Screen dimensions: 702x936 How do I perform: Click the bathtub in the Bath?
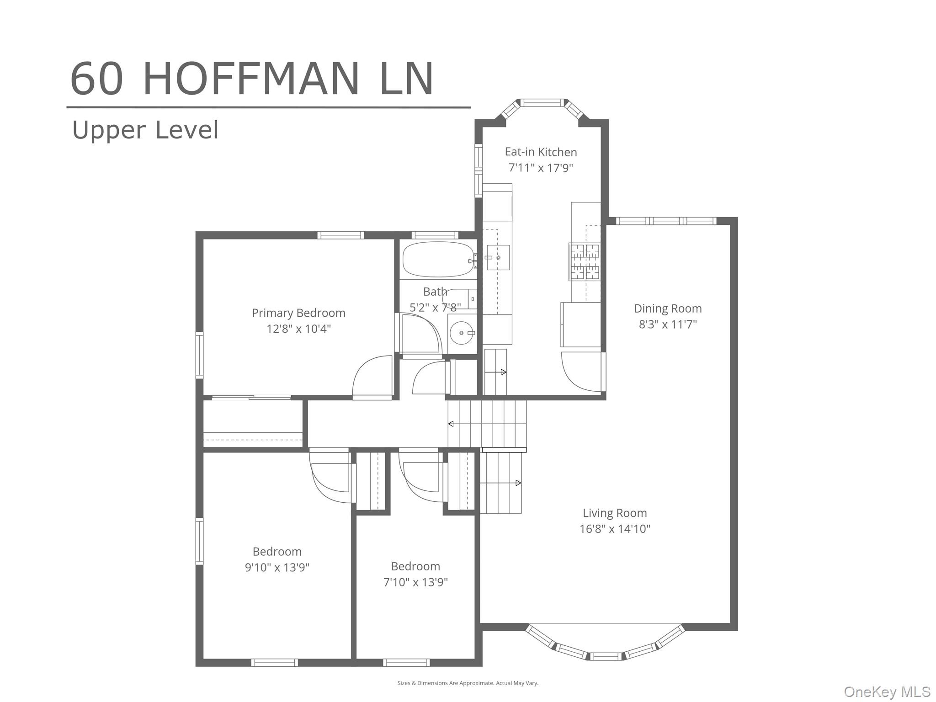point(438,260)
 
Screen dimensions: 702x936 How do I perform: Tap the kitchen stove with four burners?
point(584,261)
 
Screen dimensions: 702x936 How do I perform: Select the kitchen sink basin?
point(498,257)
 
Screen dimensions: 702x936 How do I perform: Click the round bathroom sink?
point(461,333)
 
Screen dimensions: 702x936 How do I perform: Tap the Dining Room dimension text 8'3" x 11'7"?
point(667,324)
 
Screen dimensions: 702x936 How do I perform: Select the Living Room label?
point(614,513)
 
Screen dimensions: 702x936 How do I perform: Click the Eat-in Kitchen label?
point(541,152)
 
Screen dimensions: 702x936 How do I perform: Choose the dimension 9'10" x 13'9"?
point(277,567)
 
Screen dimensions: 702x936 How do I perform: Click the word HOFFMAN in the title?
point(251,79)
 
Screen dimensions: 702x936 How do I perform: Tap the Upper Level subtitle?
point(145,130)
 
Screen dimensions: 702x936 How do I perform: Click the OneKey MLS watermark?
point(887,691)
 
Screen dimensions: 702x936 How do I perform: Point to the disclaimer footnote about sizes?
point(468,683)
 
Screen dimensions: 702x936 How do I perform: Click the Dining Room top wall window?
point(665,221)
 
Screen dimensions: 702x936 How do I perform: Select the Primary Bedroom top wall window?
point(341,235)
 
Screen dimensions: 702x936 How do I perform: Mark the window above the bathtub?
point(435,235)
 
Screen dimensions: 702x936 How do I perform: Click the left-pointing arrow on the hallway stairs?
point(451,424)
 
